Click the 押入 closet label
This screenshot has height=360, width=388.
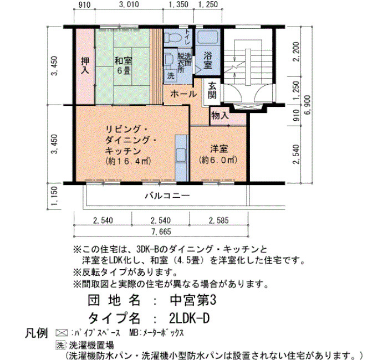pos(85,65)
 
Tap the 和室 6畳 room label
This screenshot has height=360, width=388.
pos(123,65)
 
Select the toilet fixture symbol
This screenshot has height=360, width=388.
pos(173,37)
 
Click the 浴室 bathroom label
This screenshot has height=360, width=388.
pos(208,60)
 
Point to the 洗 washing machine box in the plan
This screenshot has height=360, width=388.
pos(171,76)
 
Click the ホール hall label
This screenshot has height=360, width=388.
pos(183,94)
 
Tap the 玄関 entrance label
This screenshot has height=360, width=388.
pos(212,90)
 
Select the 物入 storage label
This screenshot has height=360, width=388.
pos(220,115)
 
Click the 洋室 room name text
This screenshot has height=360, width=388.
pos(219,149)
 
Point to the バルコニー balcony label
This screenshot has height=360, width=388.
pos(167,196)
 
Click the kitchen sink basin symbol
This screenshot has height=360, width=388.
pos(180,155)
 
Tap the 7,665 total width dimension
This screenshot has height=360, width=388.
pos(161,232)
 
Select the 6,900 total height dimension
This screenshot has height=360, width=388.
pos(308,105)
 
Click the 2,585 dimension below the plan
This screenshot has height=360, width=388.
pos(219,220)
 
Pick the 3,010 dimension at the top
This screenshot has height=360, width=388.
pos(129,4)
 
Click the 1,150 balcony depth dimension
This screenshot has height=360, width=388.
pos(54,196)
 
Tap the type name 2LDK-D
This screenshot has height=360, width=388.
pos(189,318)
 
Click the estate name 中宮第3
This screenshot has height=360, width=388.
pos(193,300)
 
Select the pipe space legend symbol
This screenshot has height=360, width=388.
pos(62,333)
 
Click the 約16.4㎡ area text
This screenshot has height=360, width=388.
pos(128,161)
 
